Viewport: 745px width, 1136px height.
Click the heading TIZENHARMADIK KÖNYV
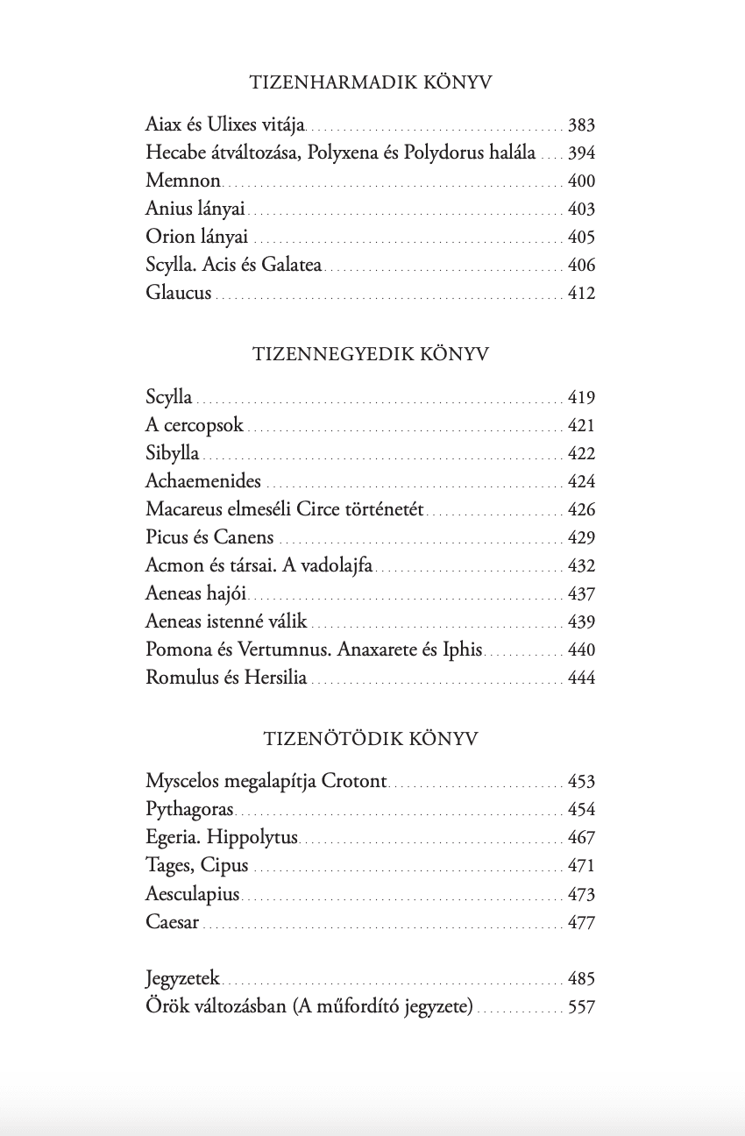(371, 83)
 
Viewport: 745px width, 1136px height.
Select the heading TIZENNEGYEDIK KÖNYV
(371, 354)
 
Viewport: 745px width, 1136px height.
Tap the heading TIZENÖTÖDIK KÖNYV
(371, 739)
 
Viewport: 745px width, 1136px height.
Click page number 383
(581, 125)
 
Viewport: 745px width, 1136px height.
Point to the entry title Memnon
(183, 181)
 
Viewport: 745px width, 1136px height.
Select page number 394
(581, 153)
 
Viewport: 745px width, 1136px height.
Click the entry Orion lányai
(197, 238)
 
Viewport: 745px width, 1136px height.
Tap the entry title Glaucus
(179, 294)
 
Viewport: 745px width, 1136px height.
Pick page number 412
(581, 294)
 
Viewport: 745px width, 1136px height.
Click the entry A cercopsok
(195, 426)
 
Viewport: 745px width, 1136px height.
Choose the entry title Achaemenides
(203, 482)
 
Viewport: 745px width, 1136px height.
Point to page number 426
(581, 510)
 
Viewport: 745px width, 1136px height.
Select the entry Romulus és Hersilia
(226, 678)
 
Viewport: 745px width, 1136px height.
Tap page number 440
(581, 650)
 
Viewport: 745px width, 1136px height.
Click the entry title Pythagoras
(189, 810)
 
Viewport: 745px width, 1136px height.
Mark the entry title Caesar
(173, 923)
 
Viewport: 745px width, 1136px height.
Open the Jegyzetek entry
(182, 979)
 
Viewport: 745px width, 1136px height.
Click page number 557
(581, 1007)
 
